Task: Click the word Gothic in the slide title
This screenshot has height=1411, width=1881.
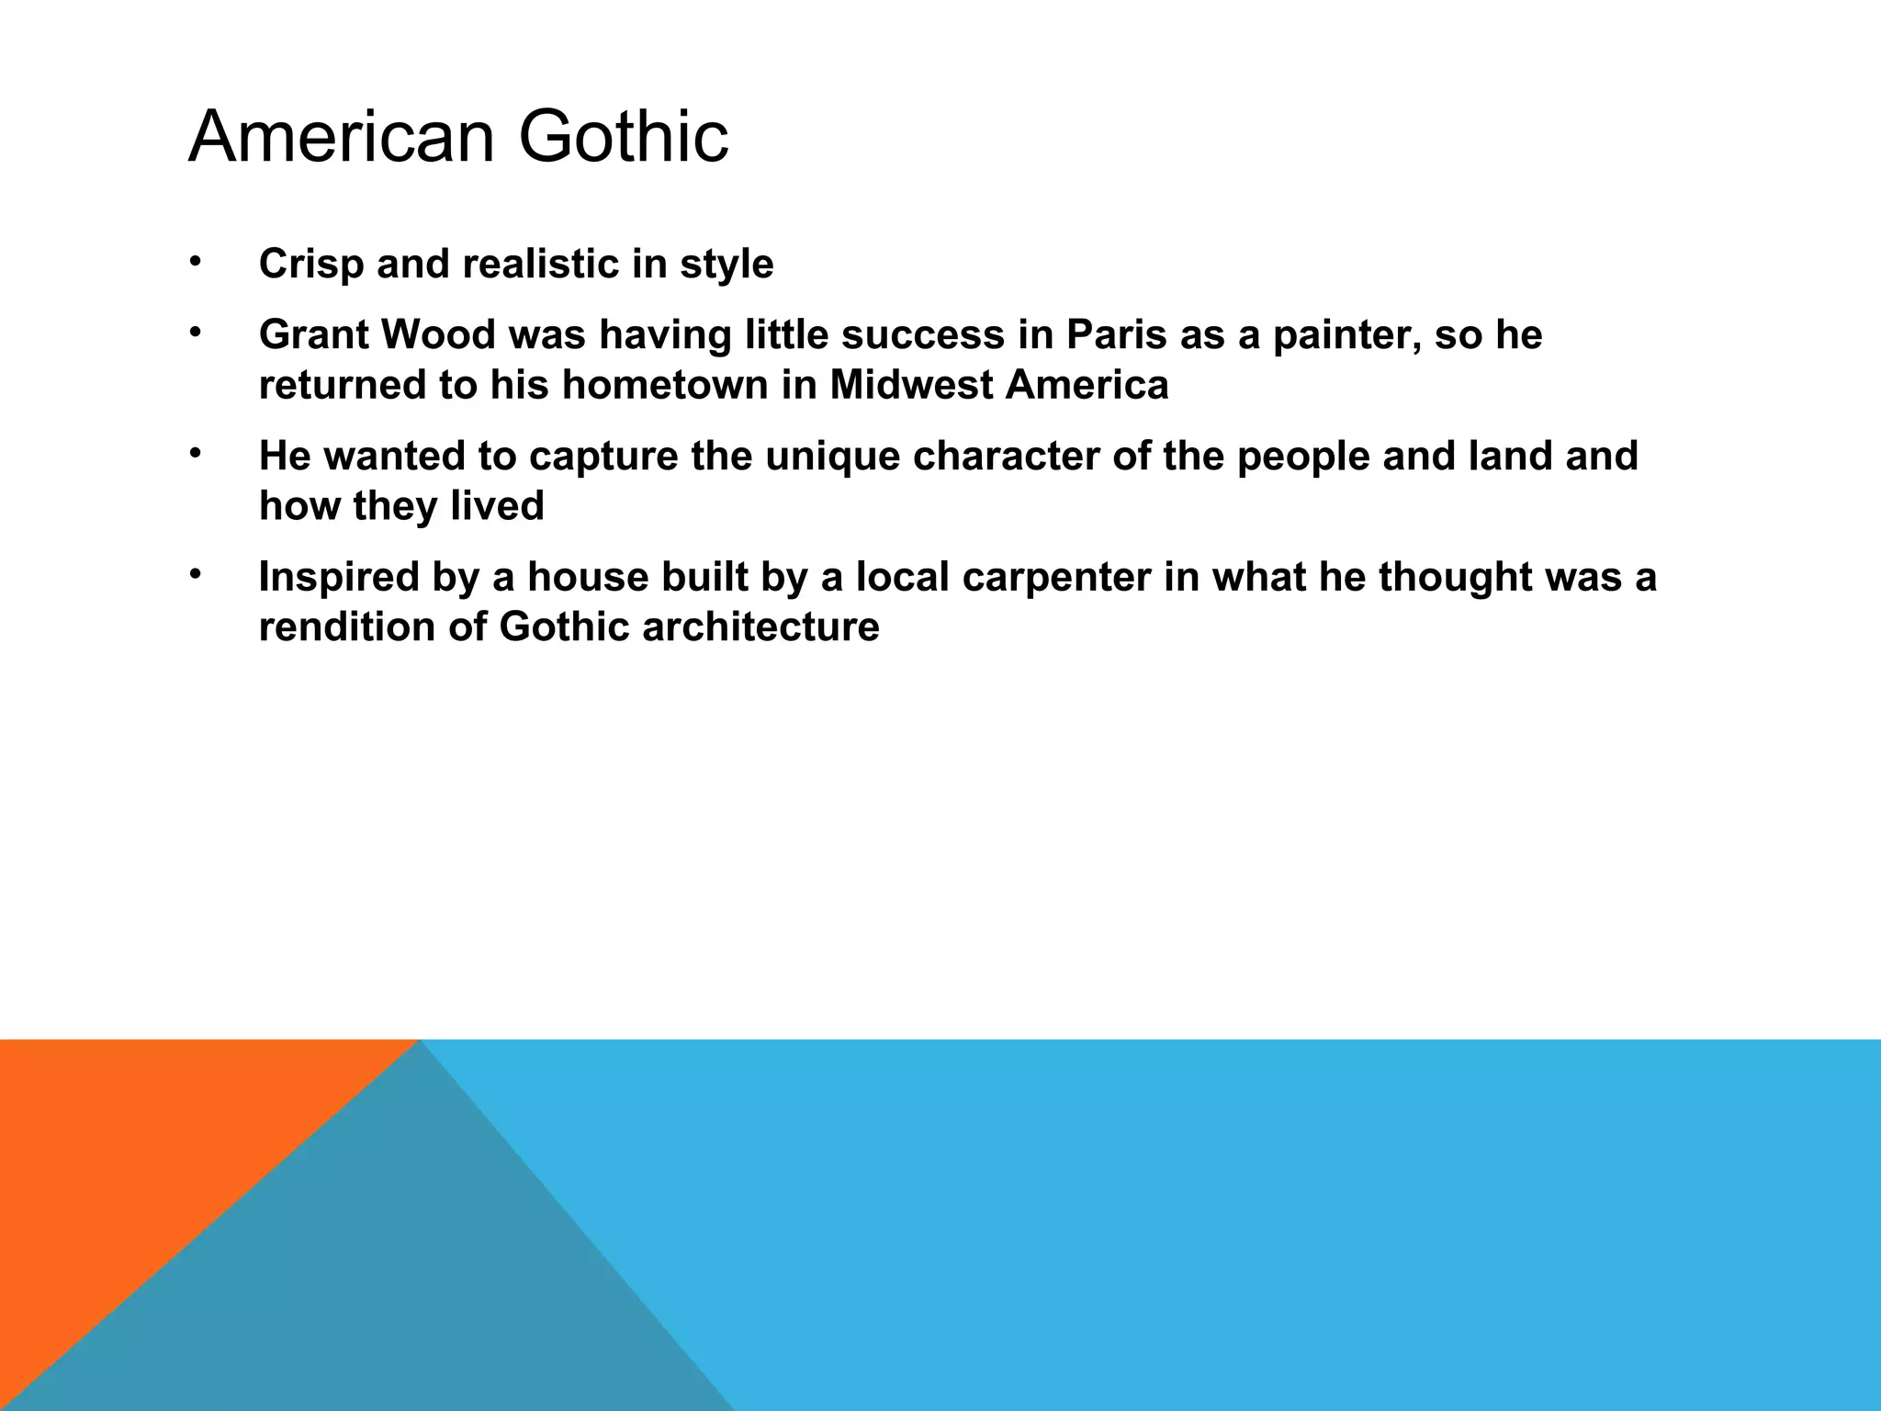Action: click(x=624, y=137)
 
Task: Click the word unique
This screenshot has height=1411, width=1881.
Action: click(x=832, y=457)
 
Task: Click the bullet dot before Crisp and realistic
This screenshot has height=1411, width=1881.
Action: click(x=195, y=262)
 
